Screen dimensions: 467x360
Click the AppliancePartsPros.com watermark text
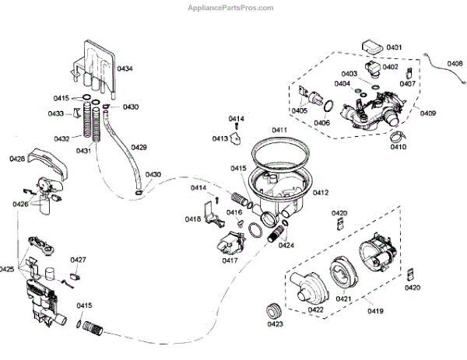[x=230, y=8]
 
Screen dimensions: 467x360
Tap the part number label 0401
[x=394, y=47]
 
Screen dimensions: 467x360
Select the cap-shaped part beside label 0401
[x=372, y=47]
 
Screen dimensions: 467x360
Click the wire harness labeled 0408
[x=444, y=69]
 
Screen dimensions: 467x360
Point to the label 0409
[x=428, y=113]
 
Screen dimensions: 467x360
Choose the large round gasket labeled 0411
[x=279, y=153]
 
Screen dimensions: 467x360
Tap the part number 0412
[x=321, y=193]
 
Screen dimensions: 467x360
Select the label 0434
[x=125, y=68]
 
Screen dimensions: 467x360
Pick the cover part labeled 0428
[x=48, y=163]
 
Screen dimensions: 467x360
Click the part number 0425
[x=6, y=269]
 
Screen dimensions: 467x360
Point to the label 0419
[x=375, y=311]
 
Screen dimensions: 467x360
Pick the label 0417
[x=230, y=260]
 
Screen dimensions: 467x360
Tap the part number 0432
[x=61, y=139]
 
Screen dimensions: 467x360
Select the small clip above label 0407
[x=409, y=73]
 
